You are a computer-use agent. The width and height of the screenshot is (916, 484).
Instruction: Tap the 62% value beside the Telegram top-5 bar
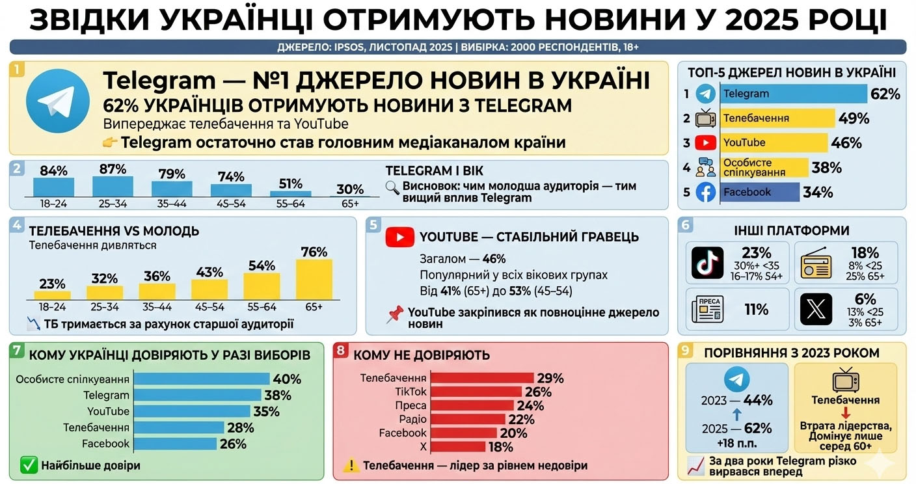coord(885,94)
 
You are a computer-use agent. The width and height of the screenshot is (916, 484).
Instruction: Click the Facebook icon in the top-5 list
coord(706,192)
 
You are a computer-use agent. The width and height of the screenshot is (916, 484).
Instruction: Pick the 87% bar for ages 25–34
coord(113,185)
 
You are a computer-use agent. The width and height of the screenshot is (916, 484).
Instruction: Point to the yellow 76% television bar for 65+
coord(314,278)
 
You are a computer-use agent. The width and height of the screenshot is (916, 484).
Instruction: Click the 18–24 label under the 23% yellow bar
coord(53,306)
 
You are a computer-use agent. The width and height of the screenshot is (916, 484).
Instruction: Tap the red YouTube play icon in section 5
coord(400,237)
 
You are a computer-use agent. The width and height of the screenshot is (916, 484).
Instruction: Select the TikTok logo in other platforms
coord(707,262)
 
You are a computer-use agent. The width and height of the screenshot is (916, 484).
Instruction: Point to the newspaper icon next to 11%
coord(707,310)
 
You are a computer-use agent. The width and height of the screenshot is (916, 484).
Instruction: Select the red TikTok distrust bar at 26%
coord(477,392)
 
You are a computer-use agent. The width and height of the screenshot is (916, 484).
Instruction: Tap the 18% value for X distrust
coord(500,447)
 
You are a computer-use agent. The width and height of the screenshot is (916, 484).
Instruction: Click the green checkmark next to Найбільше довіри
coord(29,465)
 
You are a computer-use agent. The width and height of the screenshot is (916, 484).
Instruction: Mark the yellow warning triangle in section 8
coord(351,465)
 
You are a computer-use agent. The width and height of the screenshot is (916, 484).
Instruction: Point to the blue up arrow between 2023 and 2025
coord(736,414)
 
